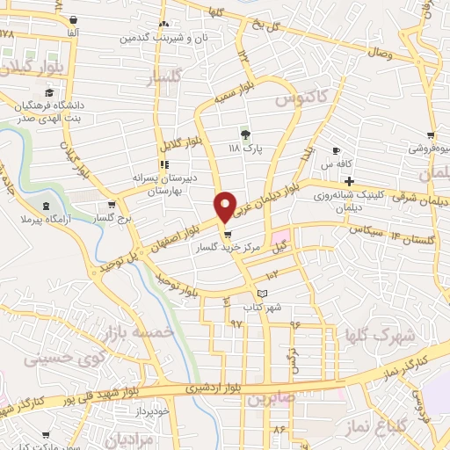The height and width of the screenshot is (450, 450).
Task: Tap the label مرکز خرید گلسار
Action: tap(230, 249)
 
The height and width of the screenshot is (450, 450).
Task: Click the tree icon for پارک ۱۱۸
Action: tap(245, 134)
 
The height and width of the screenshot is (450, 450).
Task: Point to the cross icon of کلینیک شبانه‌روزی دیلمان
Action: tap(348, 181)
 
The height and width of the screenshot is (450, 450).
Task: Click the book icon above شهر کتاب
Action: tap(260, 293)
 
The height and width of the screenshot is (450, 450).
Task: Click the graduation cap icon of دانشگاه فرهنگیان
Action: tap(49, 93)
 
